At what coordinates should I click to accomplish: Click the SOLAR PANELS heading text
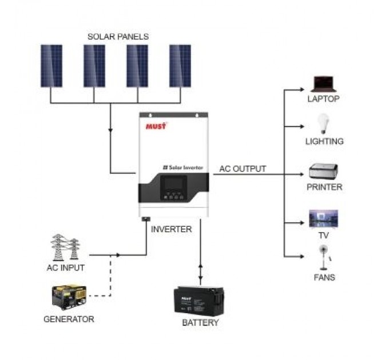click(118, 37)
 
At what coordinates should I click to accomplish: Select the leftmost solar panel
click(51, 66)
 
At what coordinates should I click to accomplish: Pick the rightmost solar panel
click(180, 66)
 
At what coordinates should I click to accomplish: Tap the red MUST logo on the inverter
click(156, 125)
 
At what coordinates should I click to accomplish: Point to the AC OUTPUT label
click(243, 169)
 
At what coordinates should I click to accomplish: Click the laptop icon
click(323, 83)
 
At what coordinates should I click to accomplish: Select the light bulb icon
click(323, 123)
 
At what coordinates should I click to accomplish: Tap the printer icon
click(323, 170)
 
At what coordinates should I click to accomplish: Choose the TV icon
click(323, 219)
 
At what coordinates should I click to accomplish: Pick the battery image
click(199, 301)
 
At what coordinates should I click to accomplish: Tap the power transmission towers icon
click(65, 247)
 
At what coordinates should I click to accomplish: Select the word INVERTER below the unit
click(171, 229)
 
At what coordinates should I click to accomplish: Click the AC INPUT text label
click(65, 267)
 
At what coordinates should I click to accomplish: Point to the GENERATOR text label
click(69, 319)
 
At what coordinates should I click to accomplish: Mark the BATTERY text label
click(200, 323)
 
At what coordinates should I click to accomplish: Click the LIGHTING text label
click(324, 141)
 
